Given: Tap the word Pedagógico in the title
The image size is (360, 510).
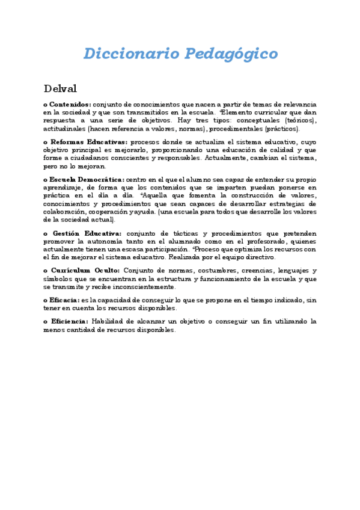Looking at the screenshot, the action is click(231, 54).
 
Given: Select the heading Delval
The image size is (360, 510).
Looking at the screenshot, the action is click(60, 89).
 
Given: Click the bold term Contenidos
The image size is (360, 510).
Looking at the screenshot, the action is click(70, 104).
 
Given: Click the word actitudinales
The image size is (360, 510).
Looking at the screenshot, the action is click(64, 129).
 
